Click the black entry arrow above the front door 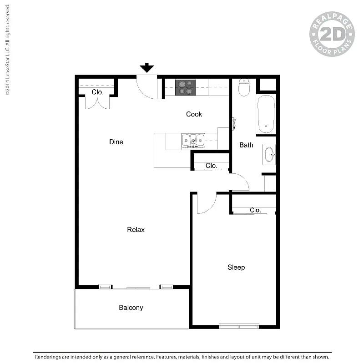click(x=147, y=67)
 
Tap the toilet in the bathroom click(x=244, y=87)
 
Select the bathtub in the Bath click(x=266, y=114)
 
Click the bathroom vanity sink click(x=269, y=154)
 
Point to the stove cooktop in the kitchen click(x=186, y=87)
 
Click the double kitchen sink click(x=193, y=141)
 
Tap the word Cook click(x=194, y=114)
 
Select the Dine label click(x=116, y=142)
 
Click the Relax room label click(x=136, y=230)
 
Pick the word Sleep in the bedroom click(x=236, y=268)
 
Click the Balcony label click(x=131, y=308)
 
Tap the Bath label click(x=246, y=145)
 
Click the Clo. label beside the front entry click(x=97, y=92)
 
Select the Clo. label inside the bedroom click(x=255, y=210)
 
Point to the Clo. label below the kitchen click(x=211, y=166)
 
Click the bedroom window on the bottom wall click(x=239, y=326)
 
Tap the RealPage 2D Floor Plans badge click(x=332, y=34)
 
